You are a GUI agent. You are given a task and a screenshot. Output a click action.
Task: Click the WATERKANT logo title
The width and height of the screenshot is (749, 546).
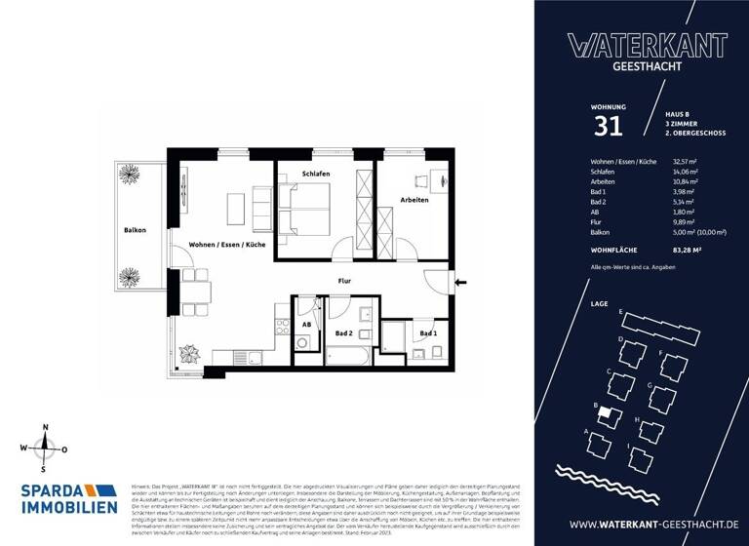click(x=647, y=44)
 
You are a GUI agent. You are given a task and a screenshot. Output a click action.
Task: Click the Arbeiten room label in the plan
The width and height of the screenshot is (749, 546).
click(x=414, y=200)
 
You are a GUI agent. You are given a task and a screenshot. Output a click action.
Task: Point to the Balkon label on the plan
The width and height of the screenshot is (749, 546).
click(x=135, y=230)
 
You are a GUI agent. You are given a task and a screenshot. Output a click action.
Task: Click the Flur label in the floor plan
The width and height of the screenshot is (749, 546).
click(x=343, y=282)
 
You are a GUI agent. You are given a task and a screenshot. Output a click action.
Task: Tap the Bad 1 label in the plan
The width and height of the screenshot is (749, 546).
click(x=427, y=333)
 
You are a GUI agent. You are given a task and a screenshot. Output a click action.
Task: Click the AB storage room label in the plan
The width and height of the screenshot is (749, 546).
click(x=305, y=324)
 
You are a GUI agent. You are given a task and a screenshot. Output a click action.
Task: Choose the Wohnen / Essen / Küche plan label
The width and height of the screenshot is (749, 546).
click(x=227, y=245)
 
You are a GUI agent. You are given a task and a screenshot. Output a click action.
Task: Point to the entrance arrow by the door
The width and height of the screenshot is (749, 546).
click(x=461, y=283)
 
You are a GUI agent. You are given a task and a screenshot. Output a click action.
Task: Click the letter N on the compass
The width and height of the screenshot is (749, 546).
click(x=44, y=428)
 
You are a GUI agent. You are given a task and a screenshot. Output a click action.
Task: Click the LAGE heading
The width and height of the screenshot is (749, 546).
click(x=600, y=303)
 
